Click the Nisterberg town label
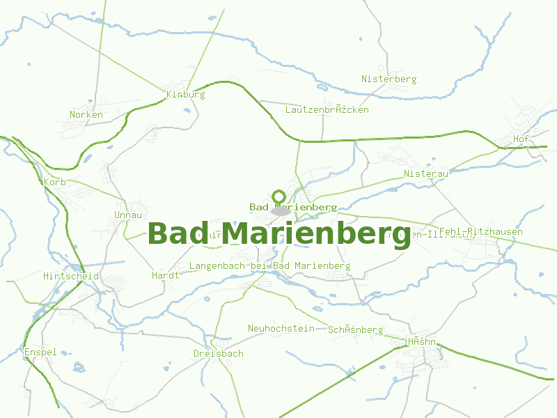click(389, 79)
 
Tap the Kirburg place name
click(186, 95)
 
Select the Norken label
click(86, 115)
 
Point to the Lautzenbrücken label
click(327, 110)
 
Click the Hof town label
click(521, 139)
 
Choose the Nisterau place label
click(426, 173)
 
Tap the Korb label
click(54, 183)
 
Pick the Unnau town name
click(128, 215)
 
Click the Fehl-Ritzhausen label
click(480, 232)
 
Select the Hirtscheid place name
click(71, 277)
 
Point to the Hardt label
click(166, 276)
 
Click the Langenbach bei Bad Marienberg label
click(269, 266)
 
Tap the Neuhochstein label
click(281, 329)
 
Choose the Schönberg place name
click(356, 330)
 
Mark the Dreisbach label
click(219, 354)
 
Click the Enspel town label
click(40, 353)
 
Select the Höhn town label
click(422, 342)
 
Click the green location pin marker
click(279, 197)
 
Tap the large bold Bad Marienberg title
click(279, 233)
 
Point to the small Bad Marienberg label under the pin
click(293, 208)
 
